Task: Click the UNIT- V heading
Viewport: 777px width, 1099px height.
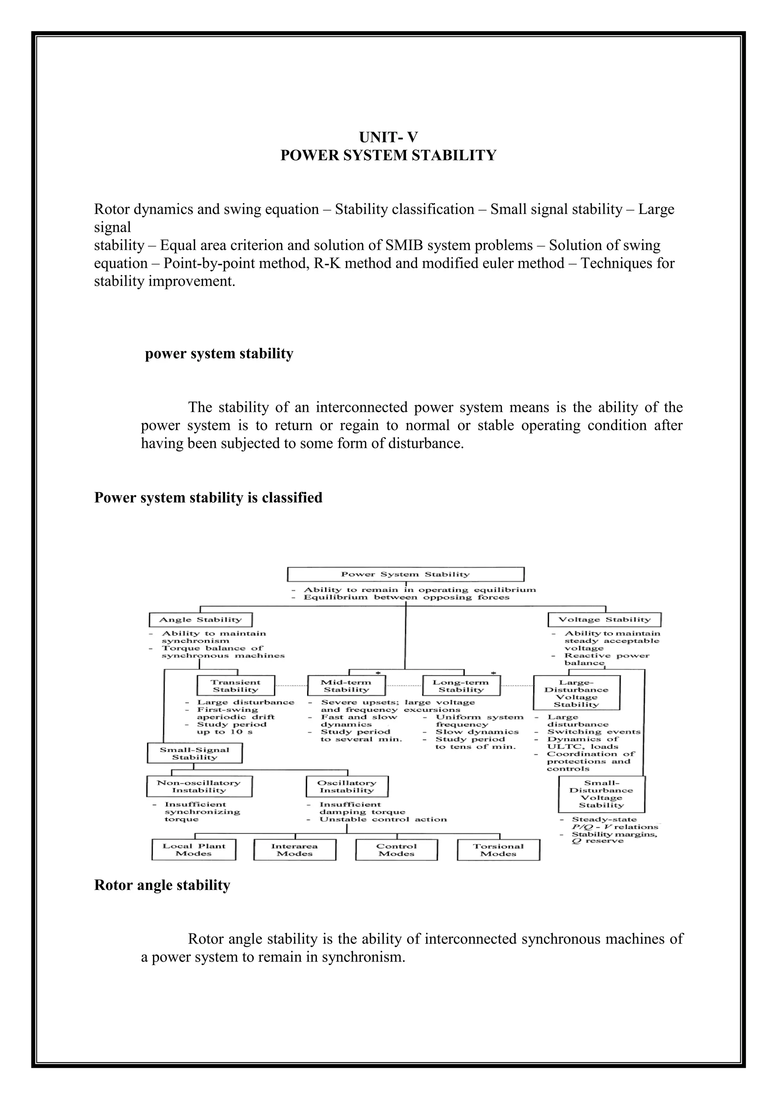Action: click(x=388, y=137)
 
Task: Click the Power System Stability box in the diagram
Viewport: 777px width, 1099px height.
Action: click(x=405, y=575)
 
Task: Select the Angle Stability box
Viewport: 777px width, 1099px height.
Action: click(x=200, y=619)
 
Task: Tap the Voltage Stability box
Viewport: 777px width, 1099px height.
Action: click(x=604, y=619)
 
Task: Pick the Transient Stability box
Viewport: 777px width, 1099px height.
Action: click(x=235, y=686)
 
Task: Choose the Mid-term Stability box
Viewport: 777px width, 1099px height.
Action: click(x=346, y=686)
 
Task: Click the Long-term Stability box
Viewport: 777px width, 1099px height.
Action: click(x=461, y=686)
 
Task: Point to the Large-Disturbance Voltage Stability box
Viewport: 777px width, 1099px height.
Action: click(x=577, y=693)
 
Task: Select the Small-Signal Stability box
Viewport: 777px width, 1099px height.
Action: click(x=194, y=753)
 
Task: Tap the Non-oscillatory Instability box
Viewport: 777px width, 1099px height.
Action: click(x=198, y=786)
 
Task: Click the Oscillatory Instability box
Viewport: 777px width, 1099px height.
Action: click(x=347, y=786)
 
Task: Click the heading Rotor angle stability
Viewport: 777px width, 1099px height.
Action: click(x=162, y=885)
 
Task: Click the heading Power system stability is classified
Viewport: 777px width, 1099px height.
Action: click(x=208, y=498)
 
